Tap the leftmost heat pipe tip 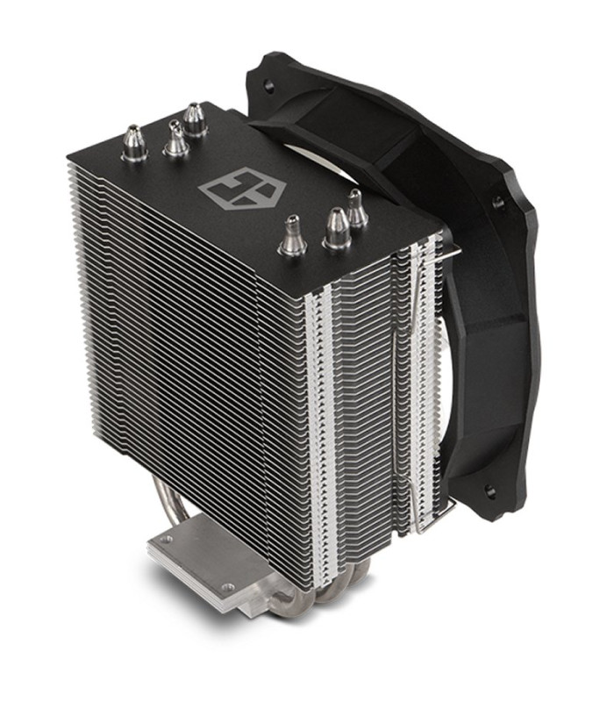click(134, 144)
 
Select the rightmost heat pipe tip click(355, 209)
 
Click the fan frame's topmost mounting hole click(268, 86)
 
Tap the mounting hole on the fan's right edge click(498, 203)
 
